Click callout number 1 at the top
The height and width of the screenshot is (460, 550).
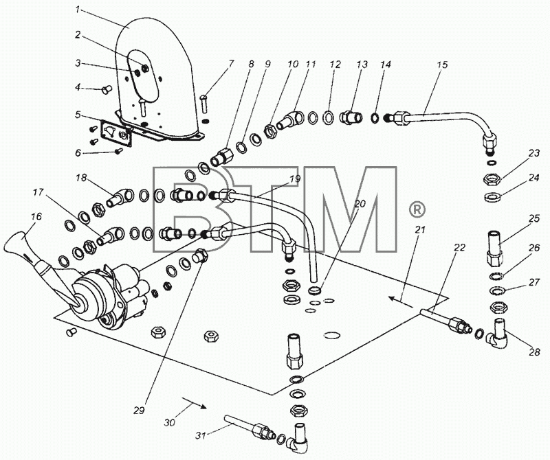78,10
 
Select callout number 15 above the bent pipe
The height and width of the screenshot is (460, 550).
442,65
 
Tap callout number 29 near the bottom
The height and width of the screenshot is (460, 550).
140,411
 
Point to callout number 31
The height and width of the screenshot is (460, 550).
201,435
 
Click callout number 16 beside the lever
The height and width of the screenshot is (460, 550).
36,217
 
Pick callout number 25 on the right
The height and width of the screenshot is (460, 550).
534,218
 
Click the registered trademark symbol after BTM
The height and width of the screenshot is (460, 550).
417,210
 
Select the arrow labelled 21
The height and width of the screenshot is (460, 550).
401,301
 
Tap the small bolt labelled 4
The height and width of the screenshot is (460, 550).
106,89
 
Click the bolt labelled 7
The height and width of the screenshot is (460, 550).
205,104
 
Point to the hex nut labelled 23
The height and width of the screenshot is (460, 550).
493,180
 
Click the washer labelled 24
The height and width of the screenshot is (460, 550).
493,197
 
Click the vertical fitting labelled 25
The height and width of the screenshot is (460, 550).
495,246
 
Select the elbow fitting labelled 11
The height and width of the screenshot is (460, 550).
291,120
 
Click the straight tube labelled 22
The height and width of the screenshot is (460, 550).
445,320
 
